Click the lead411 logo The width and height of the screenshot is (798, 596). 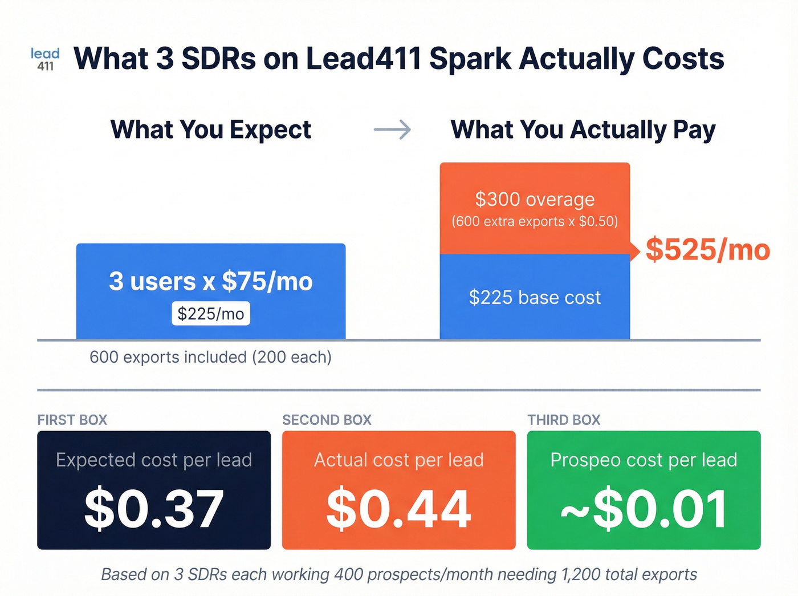coord(45,59)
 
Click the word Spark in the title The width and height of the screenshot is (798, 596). coord(470,59)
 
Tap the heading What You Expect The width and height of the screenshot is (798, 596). coord(210,129)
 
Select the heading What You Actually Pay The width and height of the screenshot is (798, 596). coord(583,129)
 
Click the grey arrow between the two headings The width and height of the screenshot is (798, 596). coord(392,129)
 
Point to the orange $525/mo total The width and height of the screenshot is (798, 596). coord(707,250)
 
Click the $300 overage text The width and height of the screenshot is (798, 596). coord(535,200)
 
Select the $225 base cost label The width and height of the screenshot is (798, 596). coord(535,297)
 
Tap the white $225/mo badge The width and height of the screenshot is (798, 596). coord(210,314)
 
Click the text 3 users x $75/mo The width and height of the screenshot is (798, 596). coord(210,281)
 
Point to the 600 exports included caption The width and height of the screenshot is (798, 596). coord(210,357)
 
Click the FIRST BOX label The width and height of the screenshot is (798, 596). coord(72,420)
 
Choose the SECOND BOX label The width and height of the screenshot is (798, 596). coord(327,420)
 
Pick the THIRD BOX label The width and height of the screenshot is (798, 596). coord(564,420)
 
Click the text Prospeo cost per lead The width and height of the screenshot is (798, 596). coord(644,460)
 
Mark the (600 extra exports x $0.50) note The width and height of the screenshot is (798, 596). coord(535,221)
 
